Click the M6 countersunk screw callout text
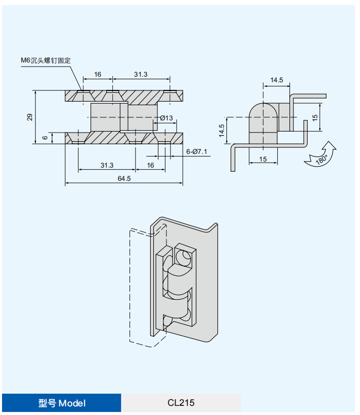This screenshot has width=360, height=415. tap(46, 60)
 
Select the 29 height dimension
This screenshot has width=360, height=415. tap(30, 117)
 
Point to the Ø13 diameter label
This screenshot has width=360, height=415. tap(167, 118)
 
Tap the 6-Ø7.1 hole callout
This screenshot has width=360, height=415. tap(197, 151)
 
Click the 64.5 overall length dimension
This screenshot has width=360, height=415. tap(124, 178)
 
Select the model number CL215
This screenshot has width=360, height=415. tap(181, 403)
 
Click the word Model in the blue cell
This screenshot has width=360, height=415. tap(72, 403)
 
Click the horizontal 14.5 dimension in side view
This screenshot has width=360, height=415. tap(277, 80)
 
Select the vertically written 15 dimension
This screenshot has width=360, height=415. tap(315, 117)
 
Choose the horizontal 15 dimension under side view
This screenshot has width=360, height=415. tap(263, 159)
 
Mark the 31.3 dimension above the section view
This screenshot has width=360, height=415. tap(141, 74)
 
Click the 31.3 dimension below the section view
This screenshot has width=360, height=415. tap(107, 165)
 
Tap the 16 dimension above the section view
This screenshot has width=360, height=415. tap(97, 74)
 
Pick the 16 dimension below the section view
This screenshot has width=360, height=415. tap(150, 165)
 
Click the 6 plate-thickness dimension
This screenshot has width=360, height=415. tap(45, 138)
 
